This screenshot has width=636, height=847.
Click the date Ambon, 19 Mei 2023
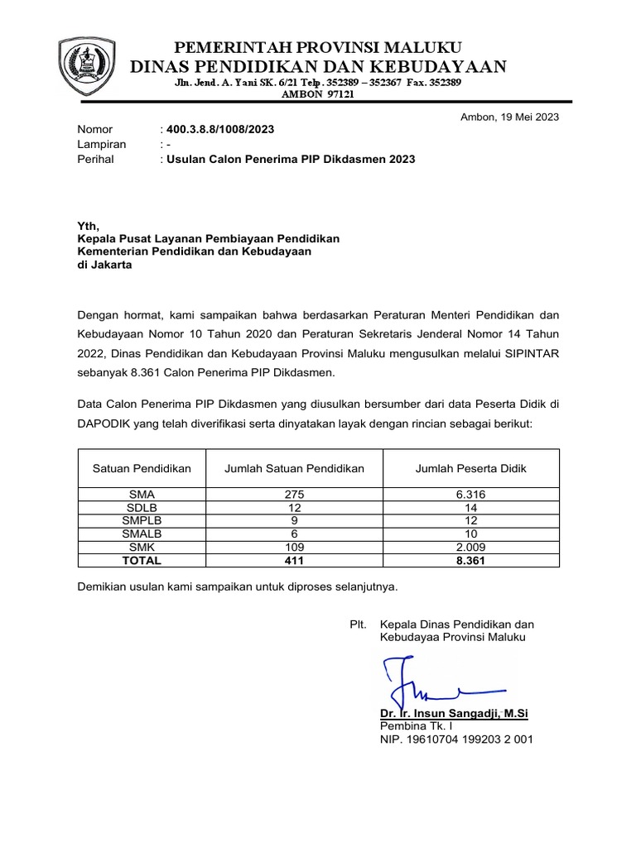pyautogui.click(x=509, y=117)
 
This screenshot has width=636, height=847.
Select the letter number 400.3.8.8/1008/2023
pyautogui.click(x=219, y=130)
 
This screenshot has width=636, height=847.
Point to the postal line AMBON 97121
pyautogui.click(x=318, y=95)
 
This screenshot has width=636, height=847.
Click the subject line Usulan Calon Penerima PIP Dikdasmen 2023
pyautogui.click(x=291, y=159)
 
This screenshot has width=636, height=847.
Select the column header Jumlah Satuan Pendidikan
pyautogui.click(x=295, y=468)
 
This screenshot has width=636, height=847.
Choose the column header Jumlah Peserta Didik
pyautogui.click(x=470, y=468)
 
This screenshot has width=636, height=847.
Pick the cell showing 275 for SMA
pyautogui.click(x=295, y=495)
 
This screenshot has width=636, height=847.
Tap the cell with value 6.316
pyautogui.click(x=470, y=495)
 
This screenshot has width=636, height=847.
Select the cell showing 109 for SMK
pyautogui.click(x=295, y=548)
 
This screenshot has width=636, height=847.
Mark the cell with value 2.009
pyautogui.click(x=470, y=548)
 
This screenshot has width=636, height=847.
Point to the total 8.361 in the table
pyautogui.click(x=470, y=560)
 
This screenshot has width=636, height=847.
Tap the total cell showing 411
pyautogui.click(x=295, y=560)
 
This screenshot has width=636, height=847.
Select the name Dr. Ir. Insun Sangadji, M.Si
pyautogui.click(x=454, y=712)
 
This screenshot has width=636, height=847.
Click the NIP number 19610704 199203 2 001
pyautogui.click(x=455, y=739)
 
